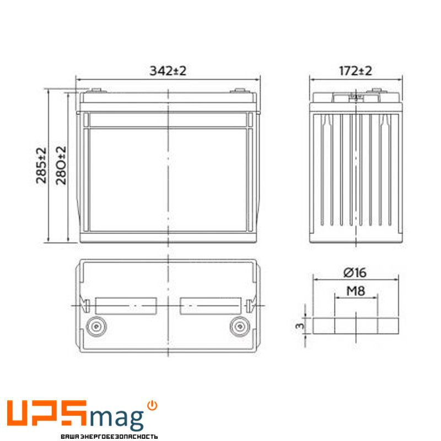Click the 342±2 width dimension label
click(168, 71)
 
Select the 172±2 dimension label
click(356, 71)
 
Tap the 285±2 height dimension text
click(41, 165)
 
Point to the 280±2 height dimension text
click(61, 165)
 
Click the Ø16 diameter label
click(355, 272)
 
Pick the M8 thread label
click(356, 291)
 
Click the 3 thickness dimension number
click(300, 326)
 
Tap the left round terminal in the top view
click(96, 326)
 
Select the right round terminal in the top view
click(240, 326)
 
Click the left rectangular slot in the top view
click(126, 306)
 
